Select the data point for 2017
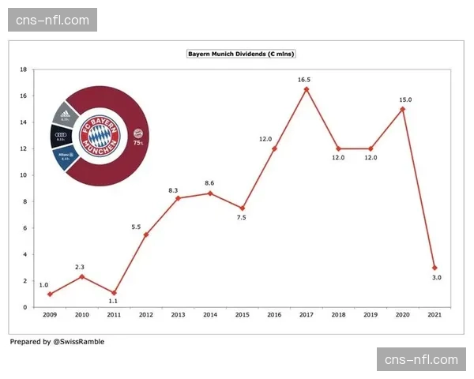click(306, 88)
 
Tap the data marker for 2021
click(434, 268)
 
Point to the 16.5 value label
click(306, 79)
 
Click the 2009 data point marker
click(49, 294)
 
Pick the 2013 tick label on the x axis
click(178, 314)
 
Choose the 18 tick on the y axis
click(24, 69)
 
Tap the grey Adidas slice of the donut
click(64, 116)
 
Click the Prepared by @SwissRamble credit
click(57, 342)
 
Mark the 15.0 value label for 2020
click(404, 99)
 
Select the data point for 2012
click(145, 235)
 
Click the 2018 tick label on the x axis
click(338, 314)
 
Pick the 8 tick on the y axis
click(24, 201)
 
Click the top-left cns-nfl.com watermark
click(53, 20)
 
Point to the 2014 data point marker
click(209, 193)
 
